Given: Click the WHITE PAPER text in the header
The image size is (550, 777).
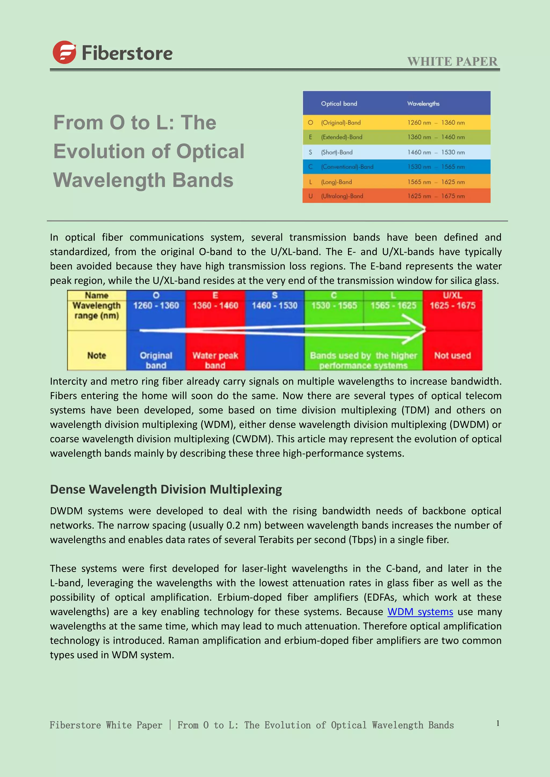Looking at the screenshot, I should (x=452, y=62).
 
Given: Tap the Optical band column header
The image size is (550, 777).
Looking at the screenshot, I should (x=339, y=104).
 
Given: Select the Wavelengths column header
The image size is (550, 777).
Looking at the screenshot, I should (x=423, y=104).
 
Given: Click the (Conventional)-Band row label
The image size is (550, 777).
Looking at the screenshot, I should (x=347, y=167).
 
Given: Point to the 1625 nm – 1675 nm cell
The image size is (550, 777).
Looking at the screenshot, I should (x=436, y=196).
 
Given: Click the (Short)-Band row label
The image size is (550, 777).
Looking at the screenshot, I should (x=337, y=152).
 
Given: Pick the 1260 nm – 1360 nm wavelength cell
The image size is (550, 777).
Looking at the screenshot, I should (x=436, y=123).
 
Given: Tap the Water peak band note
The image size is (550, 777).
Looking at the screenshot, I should (x=215, y=360).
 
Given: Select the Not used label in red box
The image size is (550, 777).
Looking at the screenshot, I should (x=453, y=355).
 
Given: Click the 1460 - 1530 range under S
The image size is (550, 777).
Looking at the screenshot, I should (x=274, y=306).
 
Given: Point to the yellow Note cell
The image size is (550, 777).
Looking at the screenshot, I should (x=96, y=355).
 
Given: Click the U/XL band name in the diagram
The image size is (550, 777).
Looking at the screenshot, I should (x=453, y=295).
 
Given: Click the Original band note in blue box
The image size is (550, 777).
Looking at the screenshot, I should (x=156, y=360).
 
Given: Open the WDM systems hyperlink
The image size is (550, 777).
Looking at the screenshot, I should (x=420, y=612).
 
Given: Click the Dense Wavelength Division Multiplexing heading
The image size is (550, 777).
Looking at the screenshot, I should (x=166, y=489).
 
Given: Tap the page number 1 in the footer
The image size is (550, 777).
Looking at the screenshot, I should (x=498, y=723).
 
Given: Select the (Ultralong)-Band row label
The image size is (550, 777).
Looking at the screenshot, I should (x=342, y=196).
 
